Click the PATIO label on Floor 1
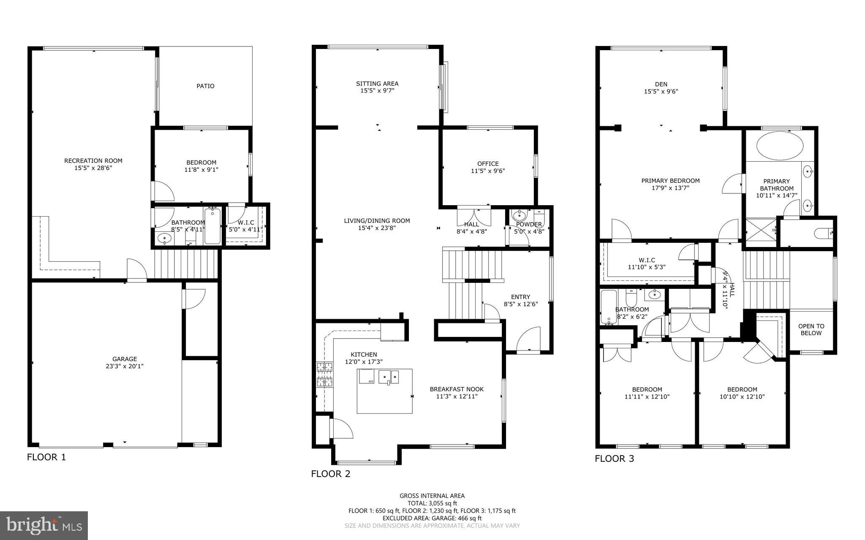[x=205, y=86]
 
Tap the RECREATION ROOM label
[x=93, y=160]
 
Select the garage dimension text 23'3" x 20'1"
[x=125, y=366]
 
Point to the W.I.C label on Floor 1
[x=246, y=223]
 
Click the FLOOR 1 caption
[x=46, y=457]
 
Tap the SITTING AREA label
[x=377, y=84]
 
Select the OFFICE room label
[x=488, y=164]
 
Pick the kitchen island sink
[x=389, y=376]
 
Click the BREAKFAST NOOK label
[x=457, y=389]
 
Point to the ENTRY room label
[x=520, y=297]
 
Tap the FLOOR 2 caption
[x=331, y=474]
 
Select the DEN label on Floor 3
[x=661, y=84]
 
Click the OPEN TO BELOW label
[x=811, y=329]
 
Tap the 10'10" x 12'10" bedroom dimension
[x=742, y=397]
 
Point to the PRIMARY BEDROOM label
[x=670, y=181]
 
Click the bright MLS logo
[x=44, y=526]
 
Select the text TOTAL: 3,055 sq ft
[x=432, y=503]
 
